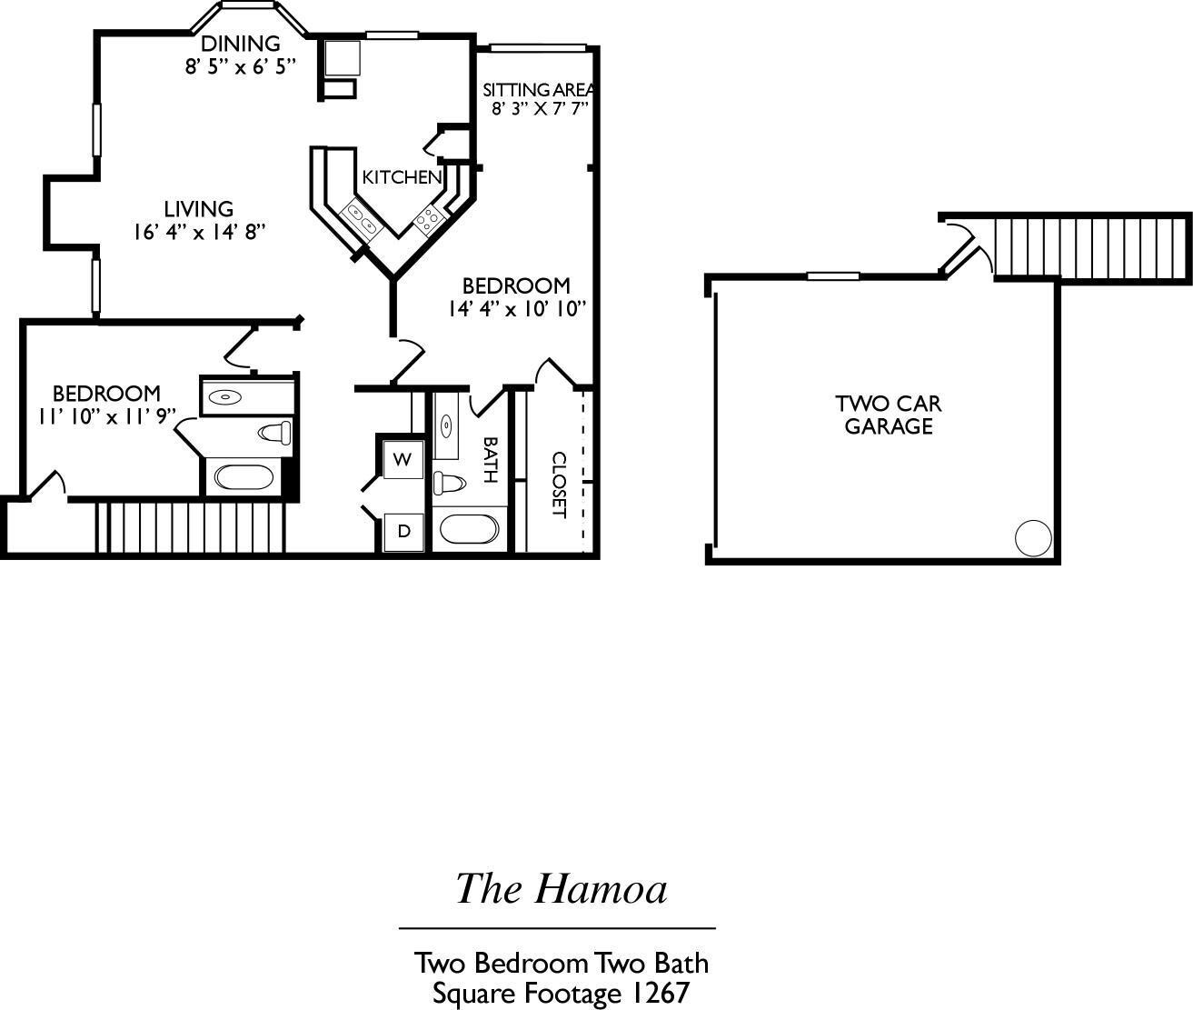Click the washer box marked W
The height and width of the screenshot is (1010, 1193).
(403, 458)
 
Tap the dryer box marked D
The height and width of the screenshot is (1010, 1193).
(403, 531)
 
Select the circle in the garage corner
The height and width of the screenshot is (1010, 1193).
(1031, 537)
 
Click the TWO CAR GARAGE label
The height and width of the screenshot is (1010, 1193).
(888, 415)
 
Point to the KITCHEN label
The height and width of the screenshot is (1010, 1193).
(402, 177)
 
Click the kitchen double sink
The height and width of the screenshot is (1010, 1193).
(360, 219)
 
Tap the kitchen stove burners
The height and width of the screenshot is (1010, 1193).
(428, 216)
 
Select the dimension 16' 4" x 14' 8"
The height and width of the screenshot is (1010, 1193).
(199, 232)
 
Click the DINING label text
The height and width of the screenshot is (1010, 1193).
(240, 43)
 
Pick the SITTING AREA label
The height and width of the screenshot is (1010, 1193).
(538, 90)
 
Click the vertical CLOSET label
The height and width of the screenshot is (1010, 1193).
(559, 485)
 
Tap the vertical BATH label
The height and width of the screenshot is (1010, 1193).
(489, 460)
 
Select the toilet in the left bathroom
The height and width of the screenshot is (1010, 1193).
(273, 432)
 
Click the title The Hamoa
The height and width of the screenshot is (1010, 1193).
(561, 888)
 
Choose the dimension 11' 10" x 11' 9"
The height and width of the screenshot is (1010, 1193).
(106, 416)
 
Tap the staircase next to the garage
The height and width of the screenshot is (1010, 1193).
(1090, 247)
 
